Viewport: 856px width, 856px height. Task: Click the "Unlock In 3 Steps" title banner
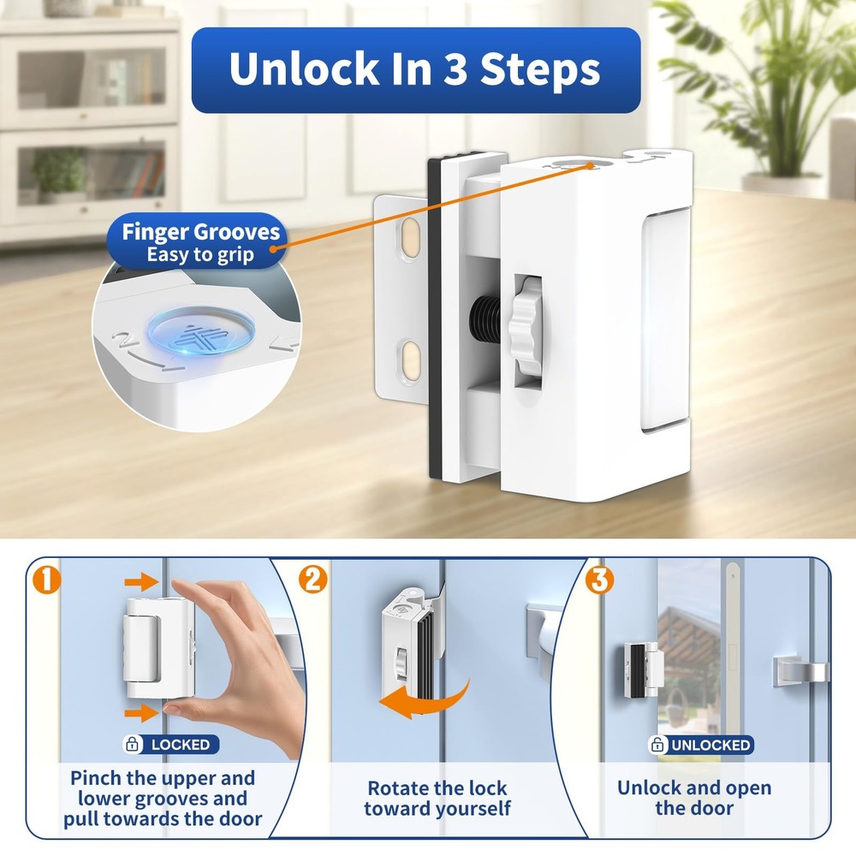click(415, 70)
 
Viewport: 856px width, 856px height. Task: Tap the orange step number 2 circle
click(314, 580)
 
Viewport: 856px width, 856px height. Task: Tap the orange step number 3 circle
click(599, 580)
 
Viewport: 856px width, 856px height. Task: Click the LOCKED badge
click(172, 744)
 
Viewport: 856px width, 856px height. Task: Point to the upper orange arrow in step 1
click(140, 583)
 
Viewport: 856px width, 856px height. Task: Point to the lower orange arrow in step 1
click(140, 711)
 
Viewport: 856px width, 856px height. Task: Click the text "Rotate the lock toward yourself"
click(437, 798)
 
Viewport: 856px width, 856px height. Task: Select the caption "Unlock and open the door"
click(693, 798)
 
